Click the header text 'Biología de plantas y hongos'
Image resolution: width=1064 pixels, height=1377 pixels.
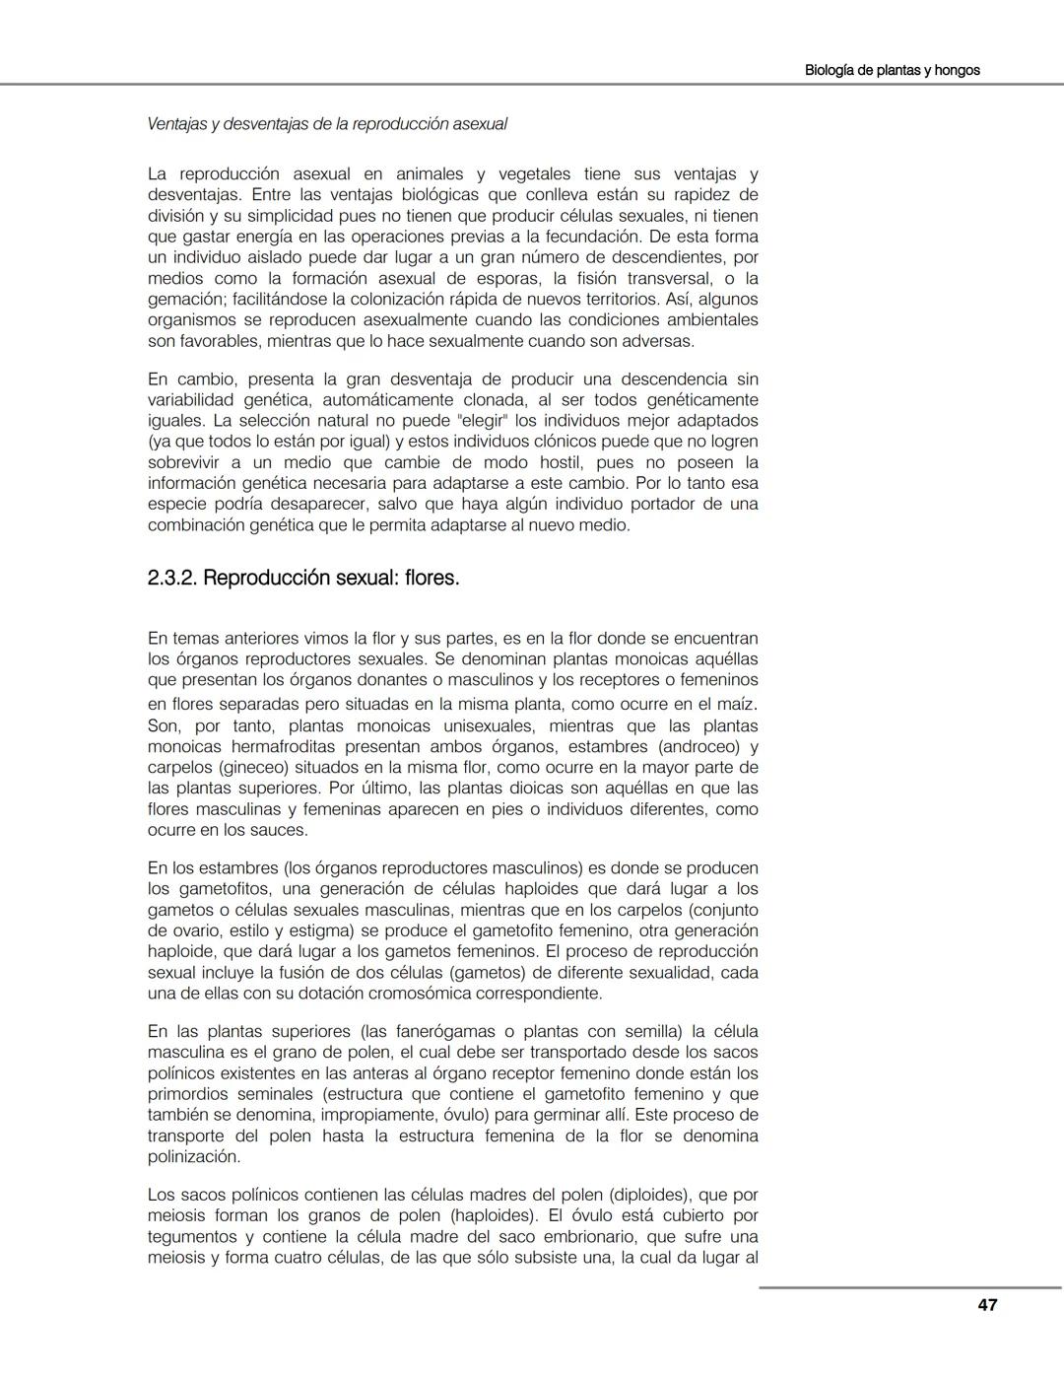(892, 70)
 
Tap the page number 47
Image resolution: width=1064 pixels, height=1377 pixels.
(987, 1304)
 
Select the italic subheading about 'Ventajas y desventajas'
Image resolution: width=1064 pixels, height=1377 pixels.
(327, 124)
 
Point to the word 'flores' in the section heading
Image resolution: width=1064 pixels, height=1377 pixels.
(432, 578)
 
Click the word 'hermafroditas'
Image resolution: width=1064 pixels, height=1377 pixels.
(274, 747)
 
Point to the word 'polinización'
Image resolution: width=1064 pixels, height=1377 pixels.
(193, 1156)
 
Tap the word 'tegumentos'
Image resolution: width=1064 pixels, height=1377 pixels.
(192, 1236)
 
